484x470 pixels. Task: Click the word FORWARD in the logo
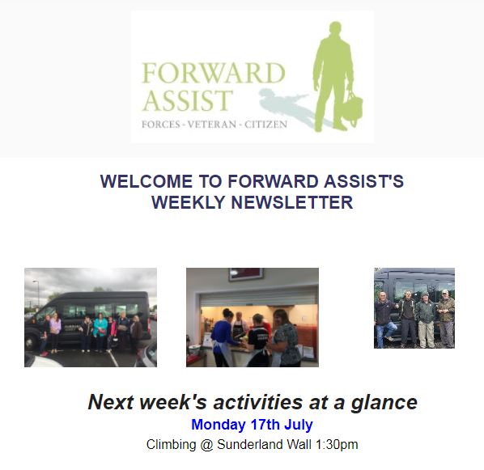(x=214, y=73)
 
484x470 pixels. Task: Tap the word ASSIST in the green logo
(x=187, y=100)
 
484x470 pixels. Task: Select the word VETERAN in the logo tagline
(x=212, y=125)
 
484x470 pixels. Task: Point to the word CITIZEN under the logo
(x=265, y=125)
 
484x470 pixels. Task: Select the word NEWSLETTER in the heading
(x=292, y=203)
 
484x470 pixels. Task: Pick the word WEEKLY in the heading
(x=189, y=203)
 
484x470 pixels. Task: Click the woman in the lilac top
(x=55, y=332)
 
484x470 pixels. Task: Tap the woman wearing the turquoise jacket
(x=100, y=332)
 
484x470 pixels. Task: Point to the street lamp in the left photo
(x=37, y=294)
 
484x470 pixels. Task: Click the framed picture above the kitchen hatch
(x=246, y=274)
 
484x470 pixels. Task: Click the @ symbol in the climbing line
(x=206, y=445)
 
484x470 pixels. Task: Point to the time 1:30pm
(x=337, y=445)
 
